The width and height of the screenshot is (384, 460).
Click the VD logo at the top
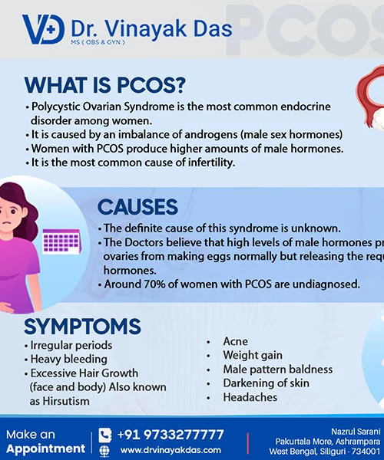click(x=43, y=28)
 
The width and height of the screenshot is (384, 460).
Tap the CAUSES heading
click(x=137, y=207)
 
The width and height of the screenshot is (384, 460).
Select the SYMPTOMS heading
click(x=82, y=327)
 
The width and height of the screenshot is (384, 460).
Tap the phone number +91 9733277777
click(x=170, y=435)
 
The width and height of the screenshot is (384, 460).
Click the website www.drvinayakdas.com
click(x=170, y=450)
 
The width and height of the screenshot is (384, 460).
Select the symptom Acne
click(x=235, y=341)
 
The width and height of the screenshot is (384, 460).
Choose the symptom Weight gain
click(x=253, y=356)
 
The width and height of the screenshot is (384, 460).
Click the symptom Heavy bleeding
click(x=68, y=359)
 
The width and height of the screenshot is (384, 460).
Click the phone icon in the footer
click(x=105, y=435)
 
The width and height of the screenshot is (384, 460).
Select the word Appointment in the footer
click(x=45, y=449)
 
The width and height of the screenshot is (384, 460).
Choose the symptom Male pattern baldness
click(x=277, y=370)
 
